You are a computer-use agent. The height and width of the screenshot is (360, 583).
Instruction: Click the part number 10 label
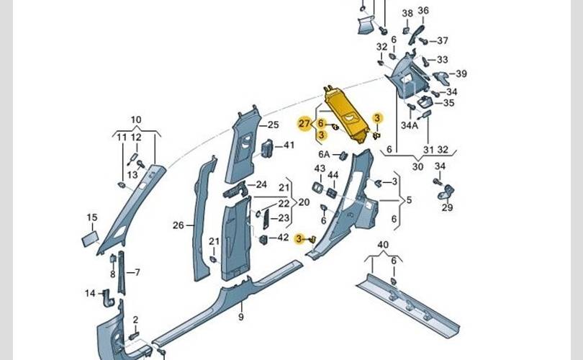(x=136, y=120)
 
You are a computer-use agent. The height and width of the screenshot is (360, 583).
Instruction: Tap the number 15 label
(x=91, y=217)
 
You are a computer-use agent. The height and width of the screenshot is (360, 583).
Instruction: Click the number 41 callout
(x=289, y=145)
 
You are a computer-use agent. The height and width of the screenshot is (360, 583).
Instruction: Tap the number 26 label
(x=178, y=225)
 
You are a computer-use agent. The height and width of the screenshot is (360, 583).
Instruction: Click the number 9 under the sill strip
(x=241, y=318)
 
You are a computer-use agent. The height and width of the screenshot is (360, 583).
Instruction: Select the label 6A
(x=324, y=155)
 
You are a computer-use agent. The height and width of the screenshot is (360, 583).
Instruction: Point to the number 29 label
(x=447, y=208)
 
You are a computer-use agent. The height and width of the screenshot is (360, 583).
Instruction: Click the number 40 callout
(x=383, y=245)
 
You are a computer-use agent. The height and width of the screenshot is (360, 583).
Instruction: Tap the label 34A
(x=410, y=125)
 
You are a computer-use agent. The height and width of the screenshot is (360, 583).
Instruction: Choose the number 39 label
(x=461, y=74)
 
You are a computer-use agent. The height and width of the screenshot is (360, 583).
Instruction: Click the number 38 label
(x=407, y=13)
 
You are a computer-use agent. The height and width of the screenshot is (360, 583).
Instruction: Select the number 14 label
(x=90, y=293)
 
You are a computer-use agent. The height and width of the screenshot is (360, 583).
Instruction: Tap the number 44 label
(x=333, y=175)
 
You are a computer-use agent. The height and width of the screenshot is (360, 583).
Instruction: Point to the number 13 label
(x=132, y=175)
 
